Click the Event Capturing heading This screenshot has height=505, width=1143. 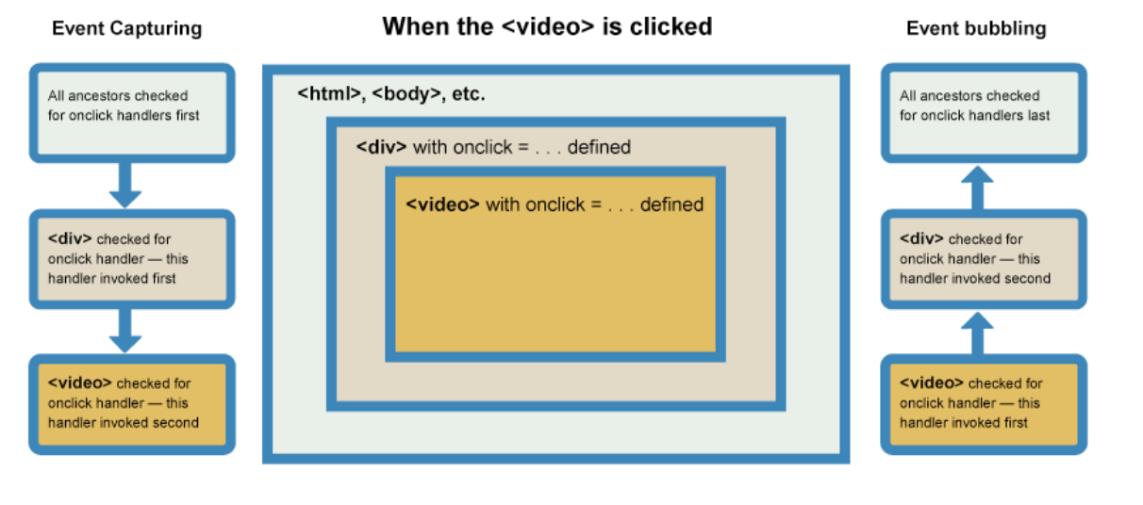point(126,28)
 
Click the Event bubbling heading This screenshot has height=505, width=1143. point(975,28)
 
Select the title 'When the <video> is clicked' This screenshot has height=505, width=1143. point(547,26)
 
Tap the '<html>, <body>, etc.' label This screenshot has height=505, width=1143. point(391,94)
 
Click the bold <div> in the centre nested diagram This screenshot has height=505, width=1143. point(381,147)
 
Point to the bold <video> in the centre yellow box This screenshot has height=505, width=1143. point(442,204)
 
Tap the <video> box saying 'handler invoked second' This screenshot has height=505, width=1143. point(131,403)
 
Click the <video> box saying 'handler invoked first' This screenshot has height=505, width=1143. point(983,403)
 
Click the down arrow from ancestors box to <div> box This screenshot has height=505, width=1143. point(125,186)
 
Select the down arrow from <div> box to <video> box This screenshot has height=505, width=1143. point(125,331)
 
